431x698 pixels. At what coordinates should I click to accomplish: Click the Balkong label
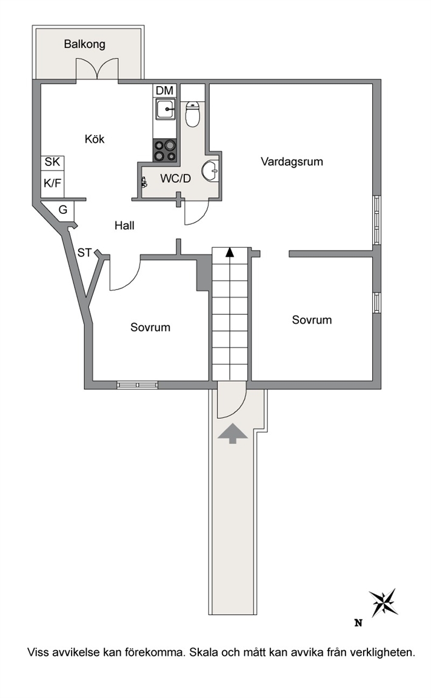point(85,44)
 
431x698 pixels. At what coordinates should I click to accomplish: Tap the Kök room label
point(95,139)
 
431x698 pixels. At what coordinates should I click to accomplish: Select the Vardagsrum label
point(292,161)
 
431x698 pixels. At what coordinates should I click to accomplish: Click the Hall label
point(124,225)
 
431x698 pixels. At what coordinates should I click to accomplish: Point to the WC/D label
point(175,179)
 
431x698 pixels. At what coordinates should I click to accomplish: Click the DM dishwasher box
point(165,90)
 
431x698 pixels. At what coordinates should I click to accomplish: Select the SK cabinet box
point(53,162)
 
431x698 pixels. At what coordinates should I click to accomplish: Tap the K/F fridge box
point(53,183)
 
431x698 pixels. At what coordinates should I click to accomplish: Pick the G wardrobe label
point(63,209)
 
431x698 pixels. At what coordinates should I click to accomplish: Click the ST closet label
point(85,253)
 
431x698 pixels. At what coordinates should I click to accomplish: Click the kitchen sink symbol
point(165,108)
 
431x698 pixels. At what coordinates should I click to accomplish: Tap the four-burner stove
point(165,150)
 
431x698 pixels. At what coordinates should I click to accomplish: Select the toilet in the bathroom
point(192,114)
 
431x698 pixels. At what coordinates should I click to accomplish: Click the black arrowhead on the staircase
point(229,253)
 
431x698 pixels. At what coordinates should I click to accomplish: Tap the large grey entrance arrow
point(232,433)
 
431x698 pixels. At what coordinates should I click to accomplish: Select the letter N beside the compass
point(358,623)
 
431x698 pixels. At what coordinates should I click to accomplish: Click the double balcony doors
point(98,70)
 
